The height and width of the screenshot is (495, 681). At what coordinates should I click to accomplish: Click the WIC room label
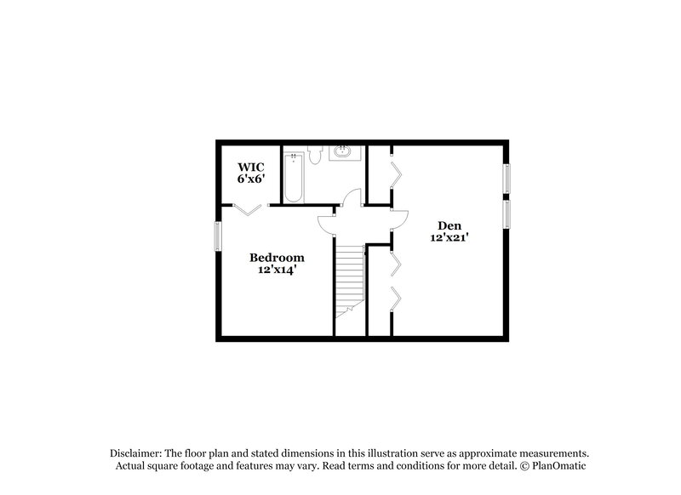point(251,168)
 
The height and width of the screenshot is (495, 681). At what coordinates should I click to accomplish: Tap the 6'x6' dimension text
point(251,180)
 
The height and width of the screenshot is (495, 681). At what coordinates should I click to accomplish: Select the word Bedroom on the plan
point(276,258)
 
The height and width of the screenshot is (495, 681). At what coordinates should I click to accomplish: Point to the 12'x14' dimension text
point(276,270)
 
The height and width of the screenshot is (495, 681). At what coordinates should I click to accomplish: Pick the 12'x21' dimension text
point(449,239)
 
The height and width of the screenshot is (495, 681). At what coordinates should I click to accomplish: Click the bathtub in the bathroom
point(294,177)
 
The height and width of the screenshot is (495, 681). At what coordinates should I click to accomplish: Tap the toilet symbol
point(314,155)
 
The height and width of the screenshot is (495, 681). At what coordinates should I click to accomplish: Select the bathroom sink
point(343,154)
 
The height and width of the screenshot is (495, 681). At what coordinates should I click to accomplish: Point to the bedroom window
point(217,236)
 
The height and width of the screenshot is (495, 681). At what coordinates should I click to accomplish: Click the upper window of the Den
point(506,179)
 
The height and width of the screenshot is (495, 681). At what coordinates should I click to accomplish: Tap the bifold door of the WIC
point(248,209)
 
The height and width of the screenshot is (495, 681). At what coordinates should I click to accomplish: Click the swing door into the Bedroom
point(327,223)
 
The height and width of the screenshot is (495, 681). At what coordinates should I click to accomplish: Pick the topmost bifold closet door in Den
point(395,174)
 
